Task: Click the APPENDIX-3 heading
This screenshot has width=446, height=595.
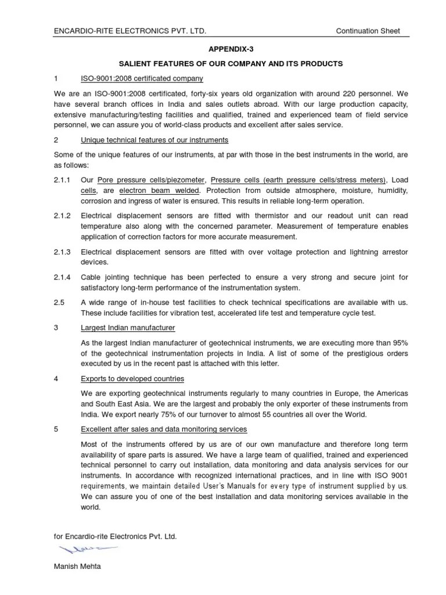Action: tap(223, 49)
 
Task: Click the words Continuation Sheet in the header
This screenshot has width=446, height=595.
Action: tap(368, 31)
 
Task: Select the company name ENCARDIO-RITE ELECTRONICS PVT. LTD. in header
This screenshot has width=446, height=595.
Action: tap(130, 31)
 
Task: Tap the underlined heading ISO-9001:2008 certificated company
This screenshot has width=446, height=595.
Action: tap(142, 78)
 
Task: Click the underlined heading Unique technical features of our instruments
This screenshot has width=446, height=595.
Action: tap(154, 140)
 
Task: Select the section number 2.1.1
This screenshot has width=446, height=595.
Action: tap(62, 180)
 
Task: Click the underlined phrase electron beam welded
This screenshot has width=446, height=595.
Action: tap(160, 190)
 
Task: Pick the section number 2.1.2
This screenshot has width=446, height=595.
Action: tap(62, 216)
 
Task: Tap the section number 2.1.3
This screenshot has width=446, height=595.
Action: tap(62, 252)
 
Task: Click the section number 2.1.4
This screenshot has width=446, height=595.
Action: tap(62, 277)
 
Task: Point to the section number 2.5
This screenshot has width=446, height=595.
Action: tap(59, 303)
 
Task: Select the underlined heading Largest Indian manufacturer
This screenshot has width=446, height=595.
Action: tap(128, 328)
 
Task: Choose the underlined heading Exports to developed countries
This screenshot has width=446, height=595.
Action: tap(132, 379)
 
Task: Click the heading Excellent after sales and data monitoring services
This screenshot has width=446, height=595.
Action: tap(164, 429)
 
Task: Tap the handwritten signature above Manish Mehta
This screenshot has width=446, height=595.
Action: tap(81, 549)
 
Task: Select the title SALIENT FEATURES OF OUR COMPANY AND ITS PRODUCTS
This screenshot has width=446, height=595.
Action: tap(223, 63)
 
